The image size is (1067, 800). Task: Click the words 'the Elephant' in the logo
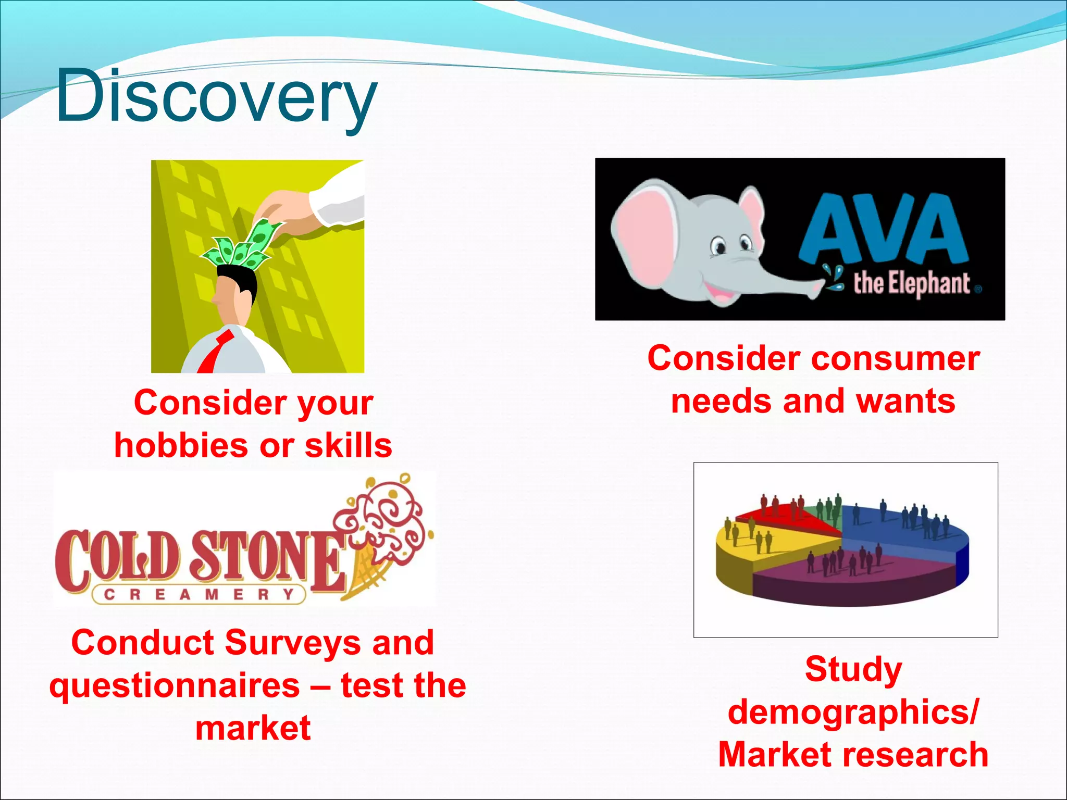click(912, 284)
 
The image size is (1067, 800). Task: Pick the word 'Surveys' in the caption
click(292, 643)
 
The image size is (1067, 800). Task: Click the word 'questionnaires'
click(174, 685)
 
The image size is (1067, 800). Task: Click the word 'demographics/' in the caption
click(853, 712)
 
